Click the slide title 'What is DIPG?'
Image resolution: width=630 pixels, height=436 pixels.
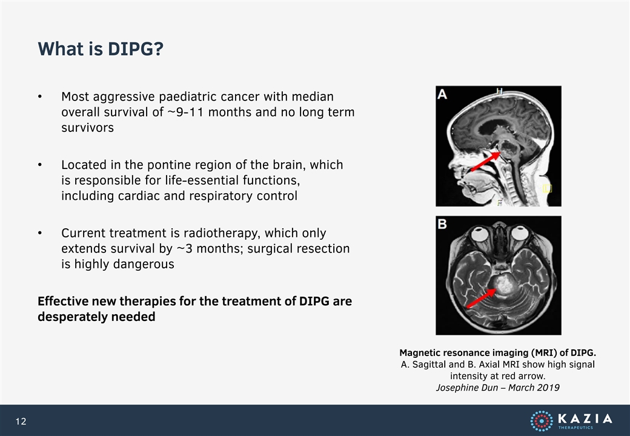pyautogui.click(x=101, y=49)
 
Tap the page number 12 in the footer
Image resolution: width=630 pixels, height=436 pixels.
pyautogui.click(x=21, y=421)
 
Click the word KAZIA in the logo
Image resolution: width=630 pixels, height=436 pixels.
pyautogui.click(x=585, y=418)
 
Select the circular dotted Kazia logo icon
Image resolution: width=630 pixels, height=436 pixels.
pyautogui.click(x=542, y=421)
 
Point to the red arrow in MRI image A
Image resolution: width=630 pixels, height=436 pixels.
pyautogui.click(x=485, y=161)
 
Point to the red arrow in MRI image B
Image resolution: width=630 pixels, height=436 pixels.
pyautogui.click(x=481, y=299)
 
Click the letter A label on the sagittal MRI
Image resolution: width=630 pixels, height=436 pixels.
pyautogui.click(x=442, y=94)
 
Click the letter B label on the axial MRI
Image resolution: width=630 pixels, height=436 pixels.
pyautogui.click(x=442, y=223)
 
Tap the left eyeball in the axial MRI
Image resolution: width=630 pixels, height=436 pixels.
pyautogui.click(x=479, y=234)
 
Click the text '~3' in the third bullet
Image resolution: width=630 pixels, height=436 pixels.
pyautogui.click(x=184, y=249)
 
